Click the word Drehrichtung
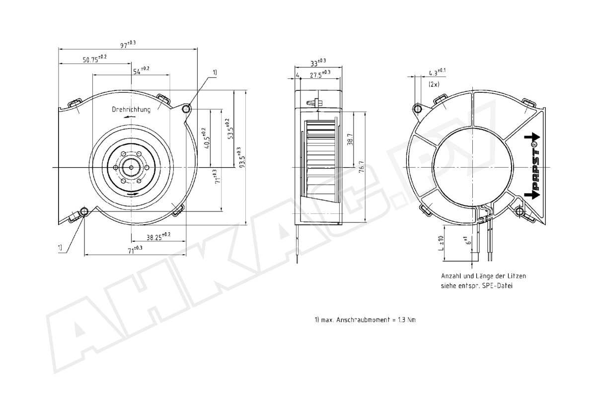[131, 109]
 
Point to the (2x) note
[434, 84]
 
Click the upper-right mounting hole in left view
[187, 109]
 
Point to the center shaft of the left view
[131, 168]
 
